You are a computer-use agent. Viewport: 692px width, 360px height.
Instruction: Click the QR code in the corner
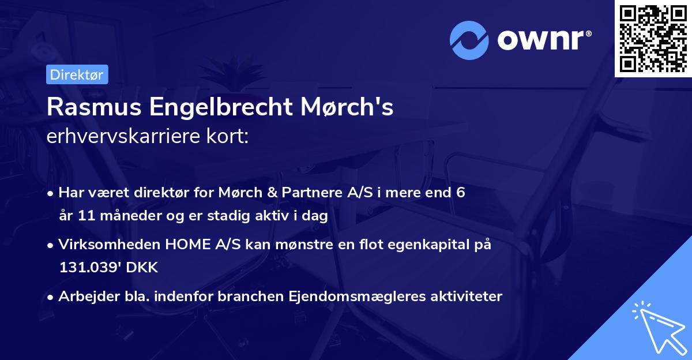[653, 38]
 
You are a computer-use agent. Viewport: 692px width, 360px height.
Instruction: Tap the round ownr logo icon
[469, 40]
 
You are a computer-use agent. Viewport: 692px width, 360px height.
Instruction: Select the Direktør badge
[77, 74]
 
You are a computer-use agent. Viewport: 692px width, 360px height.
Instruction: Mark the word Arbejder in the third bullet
[84, 297]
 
